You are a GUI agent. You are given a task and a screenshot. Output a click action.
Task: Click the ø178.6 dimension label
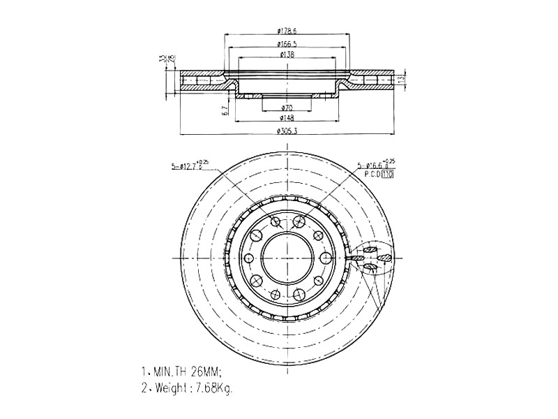[287, 31]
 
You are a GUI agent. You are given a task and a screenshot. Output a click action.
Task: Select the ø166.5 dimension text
[287, 43]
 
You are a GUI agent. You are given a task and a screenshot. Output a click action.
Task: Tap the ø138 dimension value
[286, 54]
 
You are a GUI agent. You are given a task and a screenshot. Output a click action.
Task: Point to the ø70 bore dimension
[286, 108]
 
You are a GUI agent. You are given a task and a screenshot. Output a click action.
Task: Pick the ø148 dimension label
[286, 118]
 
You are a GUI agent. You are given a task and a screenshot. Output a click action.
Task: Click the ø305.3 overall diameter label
[287, 131]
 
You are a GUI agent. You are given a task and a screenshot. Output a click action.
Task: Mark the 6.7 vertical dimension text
[225, 110]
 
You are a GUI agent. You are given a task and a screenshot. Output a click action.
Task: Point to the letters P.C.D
[370, 175]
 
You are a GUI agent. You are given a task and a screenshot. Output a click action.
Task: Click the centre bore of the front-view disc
[287, 256]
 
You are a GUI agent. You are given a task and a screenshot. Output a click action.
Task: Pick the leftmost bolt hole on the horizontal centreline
[249, 257]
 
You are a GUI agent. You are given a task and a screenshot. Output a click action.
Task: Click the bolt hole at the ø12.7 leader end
[275, 222]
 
